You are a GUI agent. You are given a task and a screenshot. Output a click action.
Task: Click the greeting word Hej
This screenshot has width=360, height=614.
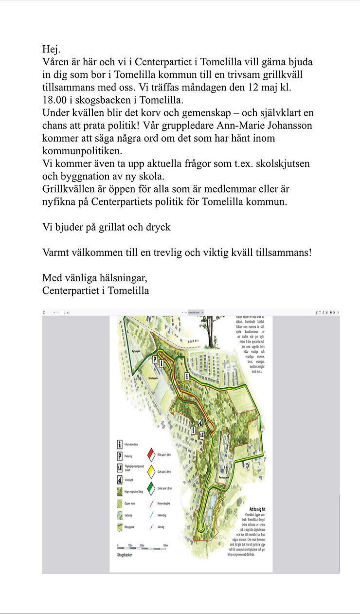click(x=51, y=49)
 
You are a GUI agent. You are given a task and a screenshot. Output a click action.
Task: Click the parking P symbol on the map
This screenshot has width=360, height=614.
click(x=155, y=360)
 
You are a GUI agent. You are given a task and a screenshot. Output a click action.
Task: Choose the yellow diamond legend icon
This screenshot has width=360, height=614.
click(x=151, y=471)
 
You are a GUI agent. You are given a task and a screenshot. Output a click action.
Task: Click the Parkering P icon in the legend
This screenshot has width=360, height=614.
click(x=120, y=456)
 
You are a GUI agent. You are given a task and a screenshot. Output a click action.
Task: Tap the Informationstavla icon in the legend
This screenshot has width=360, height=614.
click(x=120, y=445)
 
